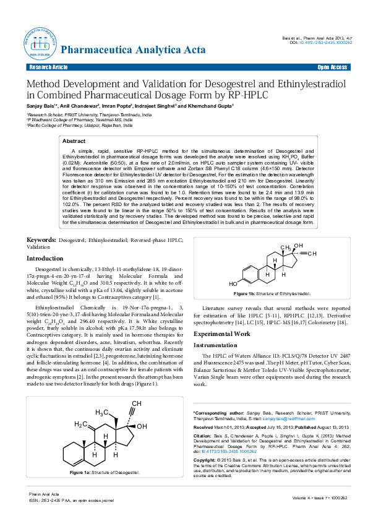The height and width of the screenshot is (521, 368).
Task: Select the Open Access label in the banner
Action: (332, 66)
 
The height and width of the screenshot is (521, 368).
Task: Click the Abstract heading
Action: (74, 141)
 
